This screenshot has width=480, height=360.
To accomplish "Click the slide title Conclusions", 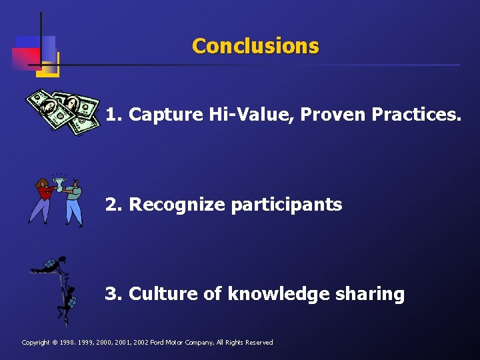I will (255, 46).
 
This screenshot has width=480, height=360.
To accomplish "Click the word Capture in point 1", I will (165, 115).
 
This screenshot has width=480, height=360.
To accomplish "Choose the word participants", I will (286, 205).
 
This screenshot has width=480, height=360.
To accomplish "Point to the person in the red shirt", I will (43, 199).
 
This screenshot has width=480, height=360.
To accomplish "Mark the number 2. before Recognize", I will (114, 205).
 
